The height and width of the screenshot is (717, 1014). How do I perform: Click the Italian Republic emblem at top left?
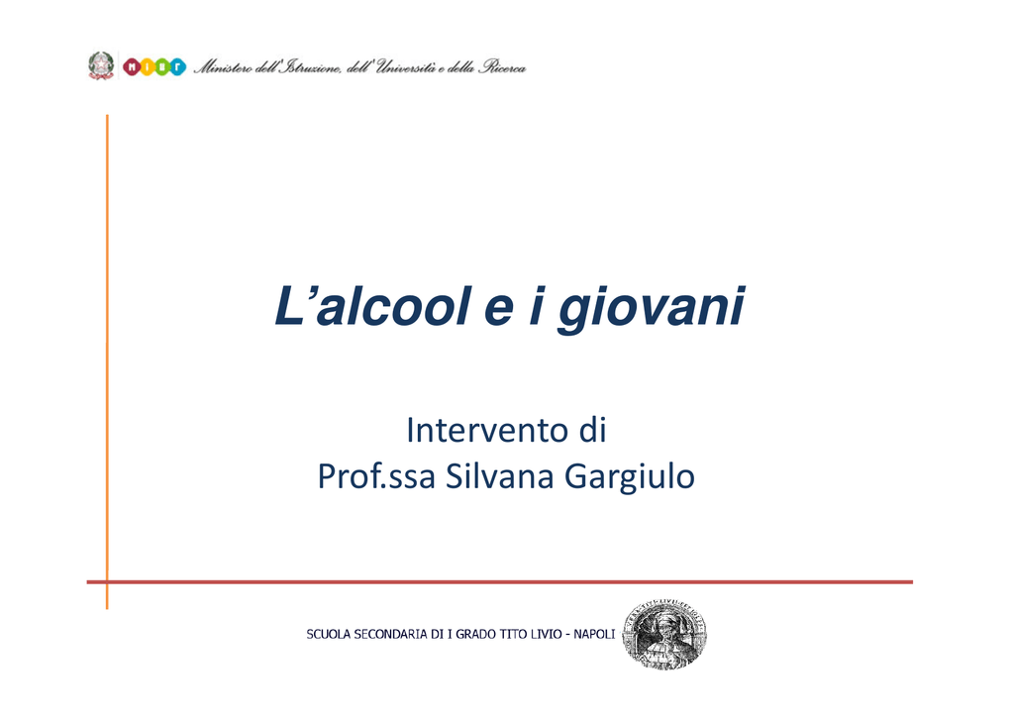[x=101, y=66]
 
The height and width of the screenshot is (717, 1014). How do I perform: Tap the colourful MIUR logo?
[x=153, y=66]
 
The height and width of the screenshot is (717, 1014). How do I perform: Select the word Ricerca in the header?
[x=502, y=66]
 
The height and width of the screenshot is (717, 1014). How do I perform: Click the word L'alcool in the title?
[x=372, y=306]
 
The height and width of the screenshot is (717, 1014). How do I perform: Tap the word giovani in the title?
[x=652, y=309]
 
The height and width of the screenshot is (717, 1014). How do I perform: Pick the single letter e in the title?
[x=499, y=310]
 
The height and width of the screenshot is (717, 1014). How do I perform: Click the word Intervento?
[x=486, y=430]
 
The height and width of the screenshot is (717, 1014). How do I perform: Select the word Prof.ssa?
[x=376, y=476]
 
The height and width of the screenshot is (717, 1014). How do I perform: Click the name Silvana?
[x=500, y=476]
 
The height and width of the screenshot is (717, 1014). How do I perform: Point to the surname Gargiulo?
[x=630, y=478]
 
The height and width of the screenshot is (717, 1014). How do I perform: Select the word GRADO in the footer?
[x=476, y=634]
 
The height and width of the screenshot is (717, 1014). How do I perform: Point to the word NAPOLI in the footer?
[x=594, y=634]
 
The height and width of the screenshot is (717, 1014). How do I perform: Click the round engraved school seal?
[x=664, y=634]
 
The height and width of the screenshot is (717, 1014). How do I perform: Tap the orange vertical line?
[x=107, y=362]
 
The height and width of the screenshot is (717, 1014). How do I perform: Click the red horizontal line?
[x=500, y=582]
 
